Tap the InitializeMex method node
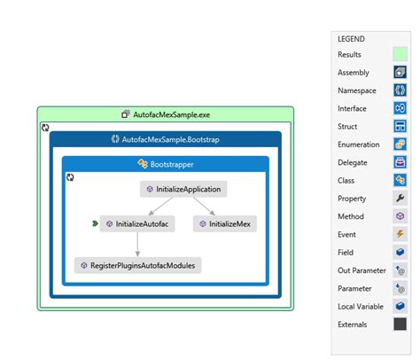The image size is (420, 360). pyautogui.click(x=225, y=224)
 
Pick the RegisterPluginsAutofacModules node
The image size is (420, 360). pyautogui.click(x=139, y=265)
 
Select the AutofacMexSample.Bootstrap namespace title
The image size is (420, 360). pyautogui.click(x=166, y=140)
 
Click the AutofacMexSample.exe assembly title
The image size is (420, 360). pyautogui.click(x=166, y=114)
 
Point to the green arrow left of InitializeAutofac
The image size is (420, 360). pyautogui.click(x=94, y=224)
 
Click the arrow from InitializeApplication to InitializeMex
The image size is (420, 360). pyautogui.click(x=204, y=207)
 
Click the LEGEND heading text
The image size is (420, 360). pyautogui.click(x=351, y=39)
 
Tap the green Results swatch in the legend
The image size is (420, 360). pyautogui.click(x=401, y=55)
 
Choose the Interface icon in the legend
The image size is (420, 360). pyautogui.click(x=401, y=108)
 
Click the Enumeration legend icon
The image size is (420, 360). pyautogui.click(x=401, y=145)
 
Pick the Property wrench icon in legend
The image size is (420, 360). pyautogui.click(x=401, y=198)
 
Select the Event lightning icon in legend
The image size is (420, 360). pyautogui.click(x=401, y=234)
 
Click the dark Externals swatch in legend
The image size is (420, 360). pyautogui.click(x=401, y=325)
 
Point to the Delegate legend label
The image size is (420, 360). pyautogui.click(x=353, y=162)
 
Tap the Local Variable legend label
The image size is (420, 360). pyautogui.click(x=361, y=306)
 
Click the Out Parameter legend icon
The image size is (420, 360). pyautogui.click(x=401, y=270)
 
